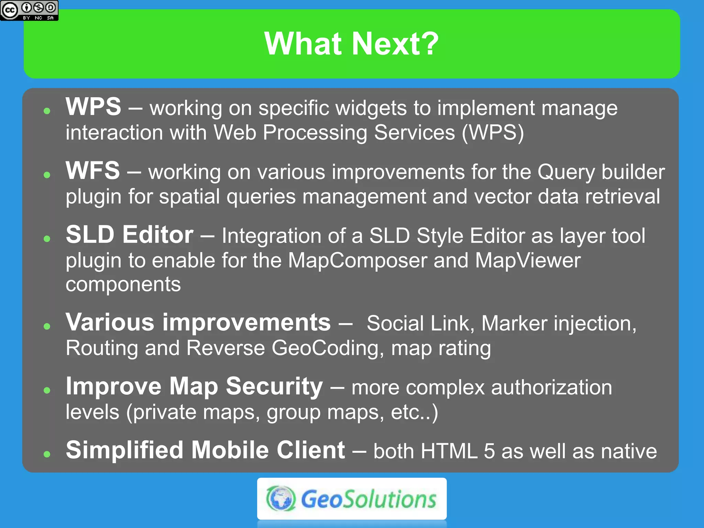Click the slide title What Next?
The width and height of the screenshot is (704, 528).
[x=351, y=44]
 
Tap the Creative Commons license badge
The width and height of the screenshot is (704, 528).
[x=29, y=10]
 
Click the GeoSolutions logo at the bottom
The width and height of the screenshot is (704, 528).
[x=352, y=499]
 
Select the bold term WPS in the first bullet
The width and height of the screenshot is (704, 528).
[x=93, y=107]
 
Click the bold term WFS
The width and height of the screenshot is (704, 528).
[x=93, y=171]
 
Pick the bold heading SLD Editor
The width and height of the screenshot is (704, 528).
[x=130, y=235]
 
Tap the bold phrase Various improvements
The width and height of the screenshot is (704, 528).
[x=198, y=322]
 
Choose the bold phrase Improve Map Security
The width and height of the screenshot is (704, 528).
[x=194, y=386]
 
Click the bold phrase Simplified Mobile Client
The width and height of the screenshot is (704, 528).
[x=205, y=450]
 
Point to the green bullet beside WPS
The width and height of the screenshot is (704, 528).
[x=47, y=111]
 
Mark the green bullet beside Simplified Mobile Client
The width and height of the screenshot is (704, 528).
[x=47, y=454]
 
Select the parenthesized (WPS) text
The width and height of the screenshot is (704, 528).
[x=493, y=133]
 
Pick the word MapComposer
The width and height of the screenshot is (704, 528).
[x=357, y=261]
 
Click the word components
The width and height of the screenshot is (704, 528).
[x=123, y=285]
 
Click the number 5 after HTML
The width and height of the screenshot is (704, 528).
[x=489, y=451]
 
